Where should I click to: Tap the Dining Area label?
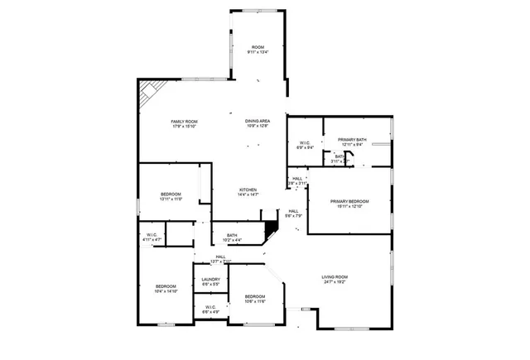(x=258, y=121)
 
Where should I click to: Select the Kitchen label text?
(x=248, y=190)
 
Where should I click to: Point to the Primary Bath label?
(x=352, y=140)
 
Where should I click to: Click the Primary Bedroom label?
(x=349, y=202)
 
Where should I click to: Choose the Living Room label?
(x=335, y=276)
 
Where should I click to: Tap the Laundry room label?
(x=210, y=280)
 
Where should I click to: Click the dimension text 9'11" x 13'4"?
(x=258, y=52)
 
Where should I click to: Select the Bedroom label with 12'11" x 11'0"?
(x=171, y=194)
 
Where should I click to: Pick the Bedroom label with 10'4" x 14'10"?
(x=166, y=286)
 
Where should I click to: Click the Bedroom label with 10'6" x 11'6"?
(x=254, y=296)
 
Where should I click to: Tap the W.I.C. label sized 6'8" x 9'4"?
(x=304, y=145)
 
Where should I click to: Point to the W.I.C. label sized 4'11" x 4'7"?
(x=152, y=235)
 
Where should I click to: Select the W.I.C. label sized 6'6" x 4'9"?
(x=210, y=307)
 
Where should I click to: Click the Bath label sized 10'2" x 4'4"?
(x=232, y=235)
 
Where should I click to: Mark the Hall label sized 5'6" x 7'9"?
(x=293, y=211)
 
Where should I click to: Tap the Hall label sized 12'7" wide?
(x=220, y=257)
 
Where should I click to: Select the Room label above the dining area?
(x=258, y=46)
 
